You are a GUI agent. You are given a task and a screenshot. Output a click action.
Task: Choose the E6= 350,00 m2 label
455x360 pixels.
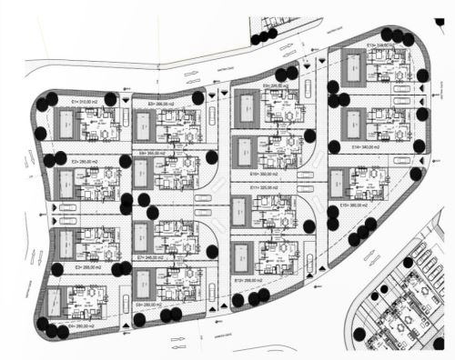(154, 155)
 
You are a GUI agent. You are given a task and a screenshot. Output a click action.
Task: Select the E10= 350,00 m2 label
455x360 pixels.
(267, 173)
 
